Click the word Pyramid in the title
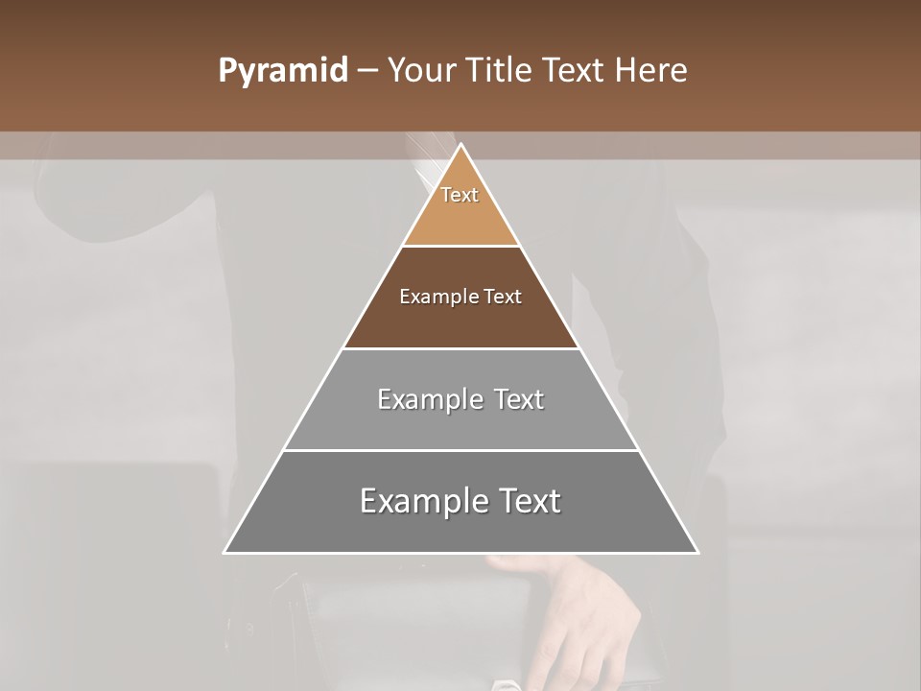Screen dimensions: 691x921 283,71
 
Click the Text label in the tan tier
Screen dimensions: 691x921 460,195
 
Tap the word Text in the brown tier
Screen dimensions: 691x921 503,298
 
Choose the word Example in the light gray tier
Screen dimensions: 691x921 431,399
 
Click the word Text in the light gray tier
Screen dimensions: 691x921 520,399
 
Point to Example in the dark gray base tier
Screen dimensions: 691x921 422,502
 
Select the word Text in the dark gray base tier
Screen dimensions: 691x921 529,502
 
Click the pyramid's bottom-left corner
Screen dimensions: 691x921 224,553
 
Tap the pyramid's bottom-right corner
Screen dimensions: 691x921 698,553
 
